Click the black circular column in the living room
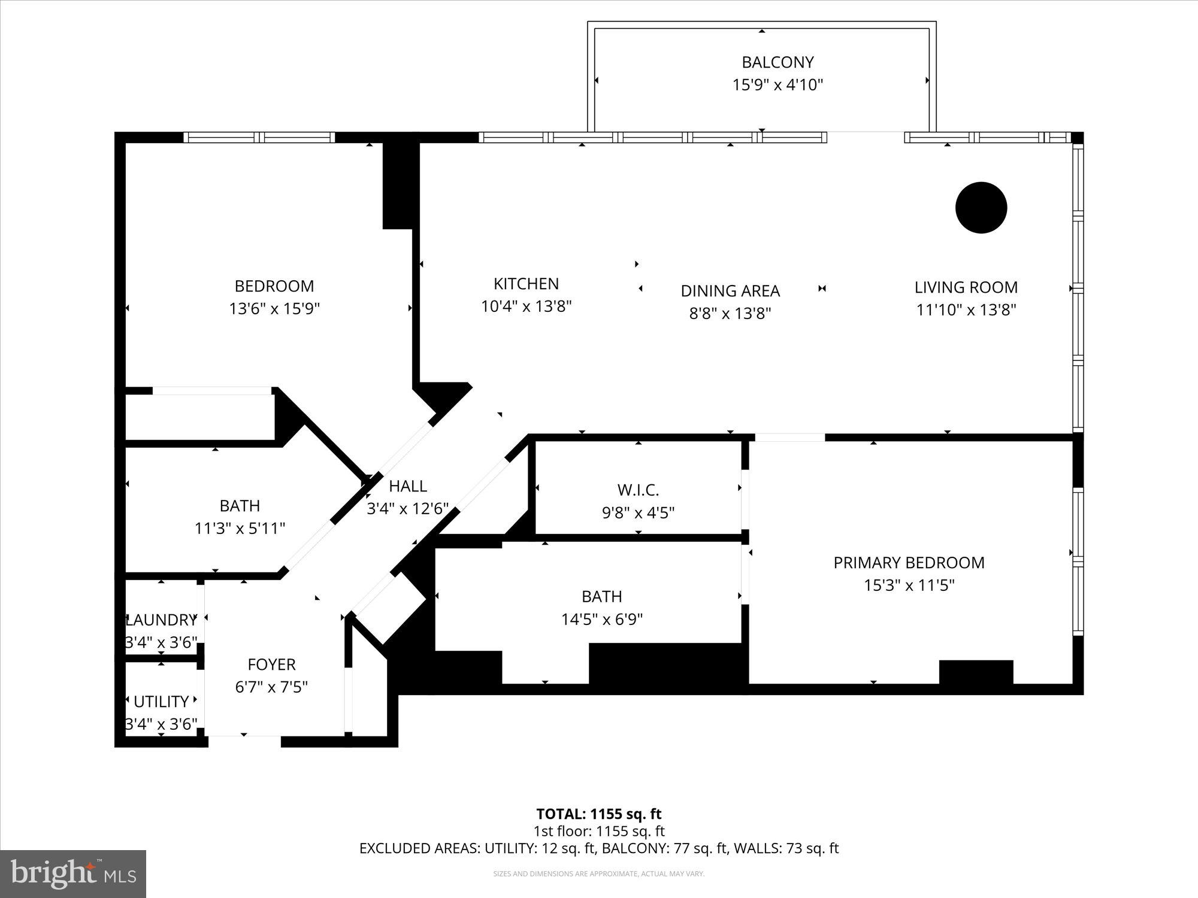(x=981, y=208)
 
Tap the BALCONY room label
(x=778, y=62)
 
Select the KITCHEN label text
(x=526, y=284)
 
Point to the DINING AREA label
(x=730, y=291)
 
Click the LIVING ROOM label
(x=966, y=287)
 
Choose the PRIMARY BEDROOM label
(x=909, y=563)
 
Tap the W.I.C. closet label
(x=639, y=490)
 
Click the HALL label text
(x=408, y=486)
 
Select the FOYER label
(x=271, y=665)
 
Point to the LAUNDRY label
(x=161, y=620)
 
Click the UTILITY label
(x=161, y=702)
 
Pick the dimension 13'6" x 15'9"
(x=274, y=309)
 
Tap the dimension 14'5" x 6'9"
(x=602, y=619)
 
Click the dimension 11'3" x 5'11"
(x=240, y=529)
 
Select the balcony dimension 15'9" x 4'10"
(x=778, y=85)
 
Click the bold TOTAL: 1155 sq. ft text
(x=599, y=814)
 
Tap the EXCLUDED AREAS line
(x=599, y=848)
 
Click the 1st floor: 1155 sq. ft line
(x=599, y=831)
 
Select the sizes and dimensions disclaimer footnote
(x=599, y=874)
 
